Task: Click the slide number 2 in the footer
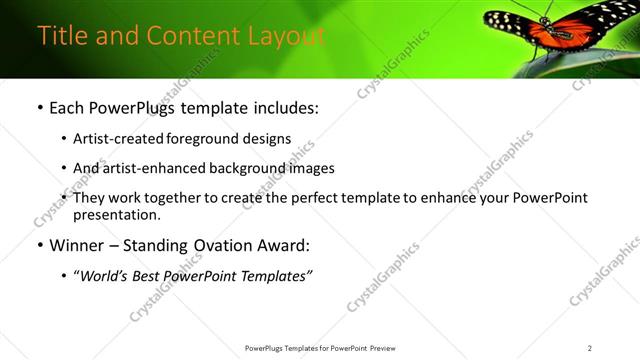590,348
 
